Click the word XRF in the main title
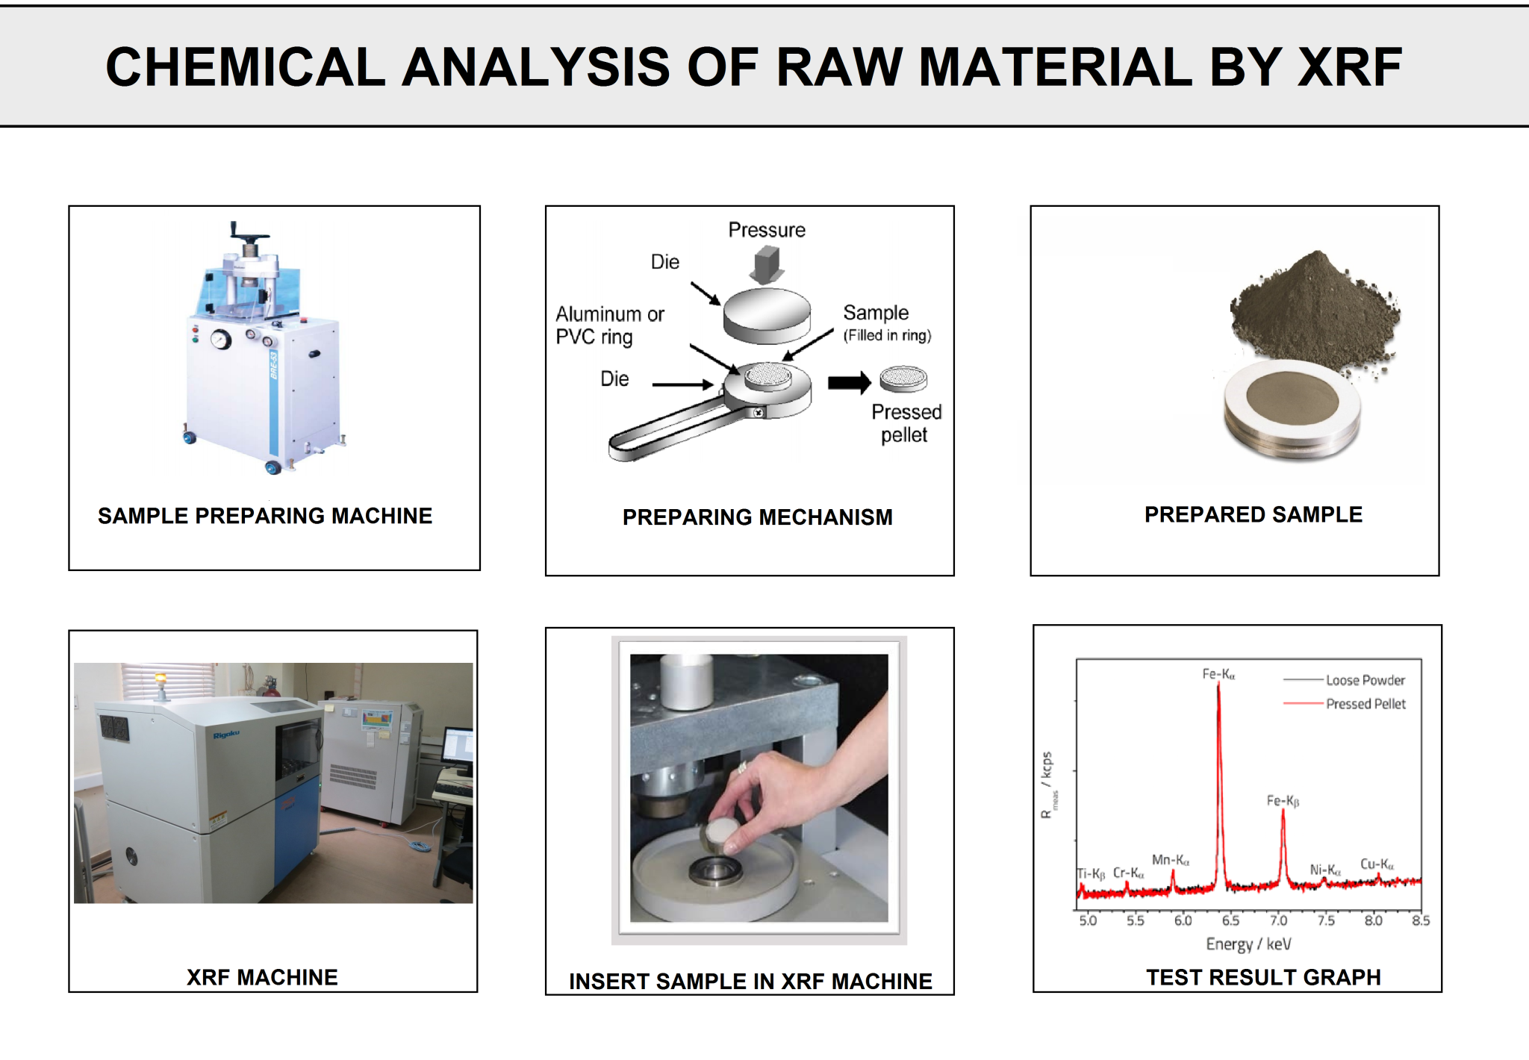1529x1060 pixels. point(1350,67)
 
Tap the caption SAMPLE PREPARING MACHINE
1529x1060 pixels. point(265,516)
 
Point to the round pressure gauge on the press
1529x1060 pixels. point(221,340)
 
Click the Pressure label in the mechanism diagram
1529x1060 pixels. point(767,230)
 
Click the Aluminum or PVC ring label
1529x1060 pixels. point(609,325)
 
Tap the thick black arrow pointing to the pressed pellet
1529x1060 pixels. point(850,383)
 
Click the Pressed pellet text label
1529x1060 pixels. point(906,423)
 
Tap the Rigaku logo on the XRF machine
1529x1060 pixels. point(226,735)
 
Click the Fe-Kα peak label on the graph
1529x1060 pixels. point(1218,675)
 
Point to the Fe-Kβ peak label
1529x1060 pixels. point(1283,801)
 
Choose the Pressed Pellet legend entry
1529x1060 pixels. point(1365,704)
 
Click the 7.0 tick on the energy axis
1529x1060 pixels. point(1278,920)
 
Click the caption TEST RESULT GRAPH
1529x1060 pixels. point(1263,977)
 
